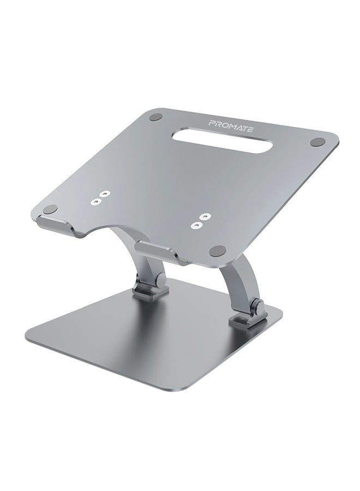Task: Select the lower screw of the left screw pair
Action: pos(97,201)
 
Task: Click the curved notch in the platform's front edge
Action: pos(109,224)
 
